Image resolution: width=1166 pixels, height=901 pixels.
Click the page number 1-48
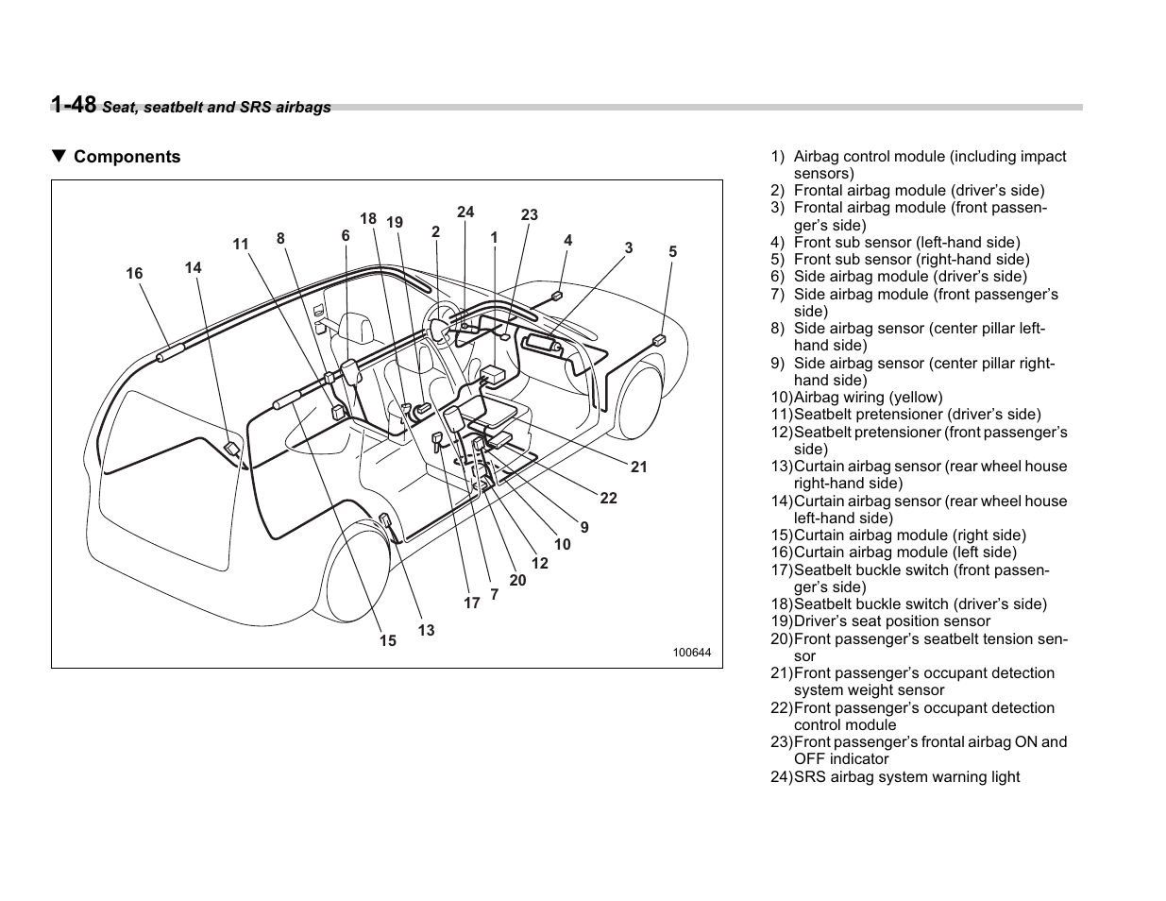(74, 104)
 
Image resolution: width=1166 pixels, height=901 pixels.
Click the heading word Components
(127, 157)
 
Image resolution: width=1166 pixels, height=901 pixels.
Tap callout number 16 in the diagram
(134, 274)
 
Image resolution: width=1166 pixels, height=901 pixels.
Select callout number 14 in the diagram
(193, 268)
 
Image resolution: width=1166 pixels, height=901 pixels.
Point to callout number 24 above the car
(465, 212)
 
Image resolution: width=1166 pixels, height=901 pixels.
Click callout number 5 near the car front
(673, 252)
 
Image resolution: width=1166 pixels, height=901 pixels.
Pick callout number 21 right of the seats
(639, 467)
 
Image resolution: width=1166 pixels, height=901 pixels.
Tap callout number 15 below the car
(388, 641)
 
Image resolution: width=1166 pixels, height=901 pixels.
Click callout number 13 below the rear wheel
(426, 630)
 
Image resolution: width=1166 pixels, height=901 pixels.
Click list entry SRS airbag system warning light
(905, 777)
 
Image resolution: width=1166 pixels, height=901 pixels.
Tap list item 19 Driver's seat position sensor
(891, 621)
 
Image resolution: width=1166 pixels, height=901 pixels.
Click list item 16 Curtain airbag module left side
(904, 552)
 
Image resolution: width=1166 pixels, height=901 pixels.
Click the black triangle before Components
(59, 157)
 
